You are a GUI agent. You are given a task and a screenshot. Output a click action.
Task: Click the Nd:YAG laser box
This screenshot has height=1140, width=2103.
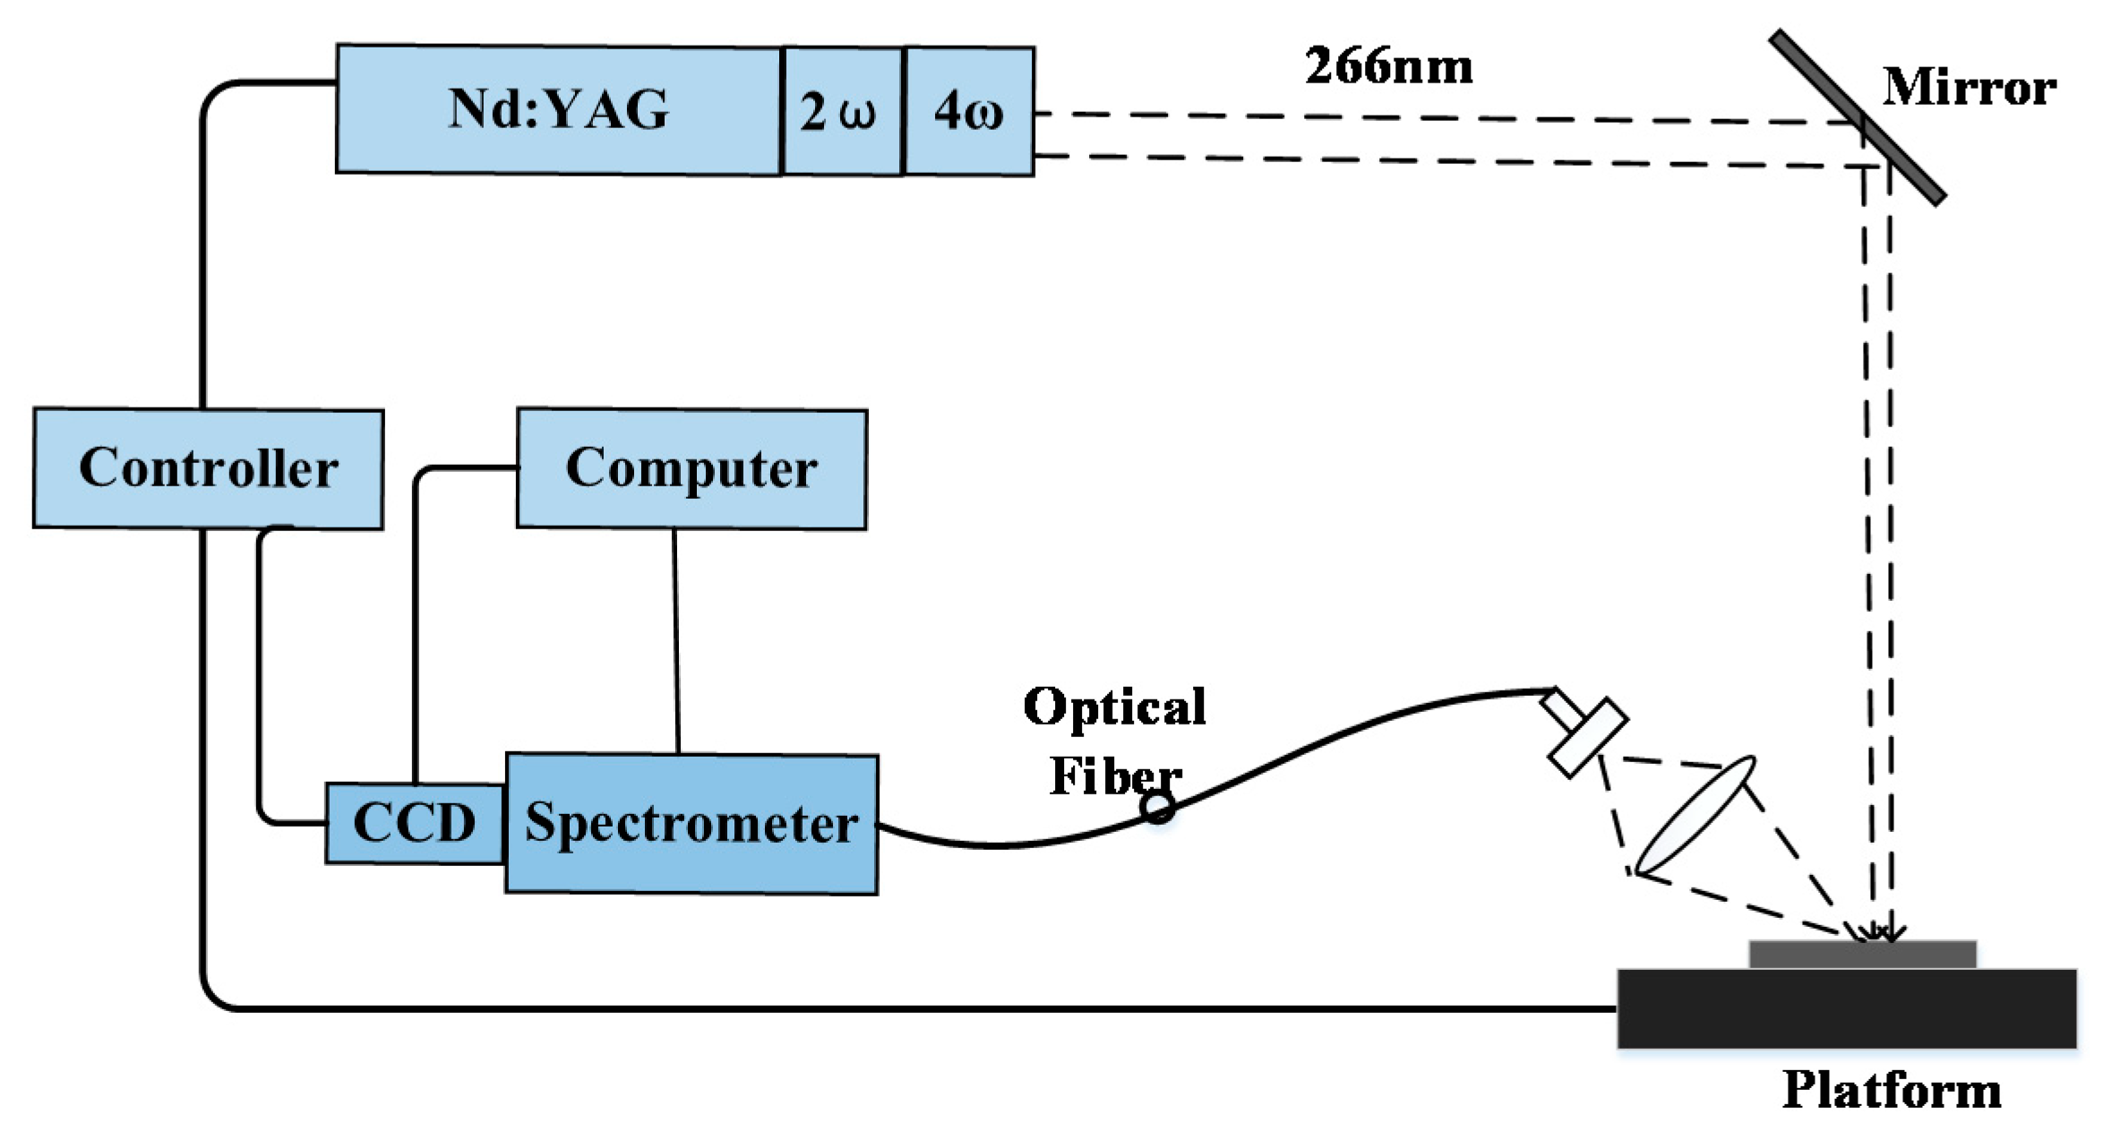[x=557, y=109]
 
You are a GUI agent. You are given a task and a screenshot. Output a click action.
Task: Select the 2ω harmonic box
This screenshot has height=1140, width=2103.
[x=840, y=111]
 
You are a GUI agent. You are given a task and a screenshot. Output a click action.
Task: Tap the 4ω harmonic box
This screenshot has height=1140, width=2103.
[x=969, y=111]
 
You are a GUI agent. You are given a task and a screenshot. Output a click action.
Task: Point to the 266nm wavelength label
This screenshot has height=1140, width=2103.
[x=1387, y=67]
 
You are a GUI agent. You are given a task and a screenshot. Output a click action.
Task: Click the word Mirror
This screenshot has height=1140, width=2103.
[x=1968, y=88]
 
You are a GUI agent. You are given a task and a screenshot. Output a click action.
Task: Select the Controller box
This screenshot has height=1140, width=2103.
[x=208, y=468]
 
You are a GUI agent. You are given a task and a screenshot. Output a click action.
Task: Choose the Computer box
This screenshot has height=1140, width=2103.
[x=691, y=468]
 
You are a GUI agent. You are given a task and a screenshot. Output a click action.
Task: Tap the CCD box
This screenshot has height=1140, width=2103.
[x=414, y=823]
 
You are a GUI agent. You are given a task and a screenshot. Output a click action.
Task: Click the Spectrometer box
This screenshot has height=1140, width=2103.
[x=691, y=823]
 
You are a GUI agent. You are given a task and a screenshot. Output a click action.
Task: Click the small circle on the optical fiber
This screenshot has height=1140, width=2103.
[x=1157, y=808]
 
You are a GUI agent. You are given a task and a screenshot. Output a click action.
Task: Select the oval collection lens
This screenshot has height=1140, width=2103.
[x=1695, y=815]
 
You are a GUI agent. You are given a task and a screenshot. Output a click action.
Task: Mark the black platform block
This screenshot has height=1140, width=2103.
[x=1845, y=1008]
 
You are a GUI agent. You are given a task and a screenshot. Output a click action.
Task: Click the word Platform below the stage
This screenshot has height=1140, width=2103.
[x=1891, y=1091]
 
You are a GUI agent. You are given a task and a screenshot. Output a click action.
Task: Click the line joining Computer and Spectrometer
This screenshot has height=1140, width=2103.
[x=676, y=640]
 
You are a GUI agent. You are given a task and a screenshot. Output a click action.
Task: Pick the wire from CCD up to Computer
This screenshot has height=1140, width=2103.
[x=416, y=627]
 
